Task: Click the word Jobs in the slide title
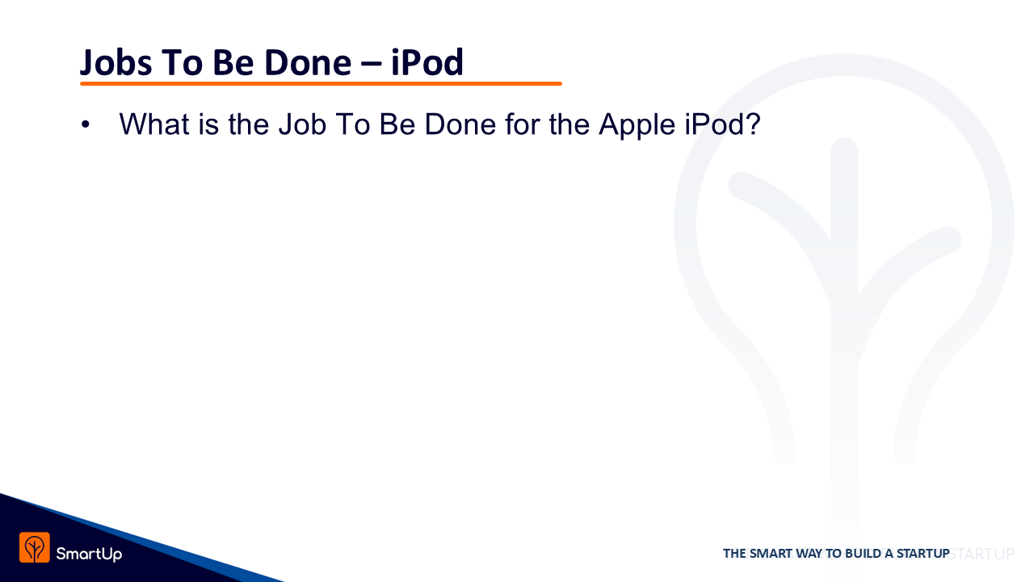tap(116, 63)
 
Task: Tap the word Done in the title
tap(308, 62)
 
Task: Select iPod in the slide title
tap(427, 62)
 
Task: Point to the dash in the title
tap(372, 65)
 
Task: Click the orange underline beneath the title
tap(321, 83)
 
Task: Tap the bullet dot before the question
tap(86, 124)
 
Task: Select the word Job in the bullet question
tap(302, 124)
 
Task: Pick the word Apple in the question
tap(637, 124)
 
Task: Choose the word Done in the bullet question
tap(460, 124)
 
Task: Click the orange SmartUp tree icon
tap(35, 547)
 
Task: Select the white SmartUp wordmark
tap(89, 554)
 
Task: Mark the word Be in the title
tap(233, 62)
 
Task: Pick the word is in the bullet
tap(208, 124)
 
